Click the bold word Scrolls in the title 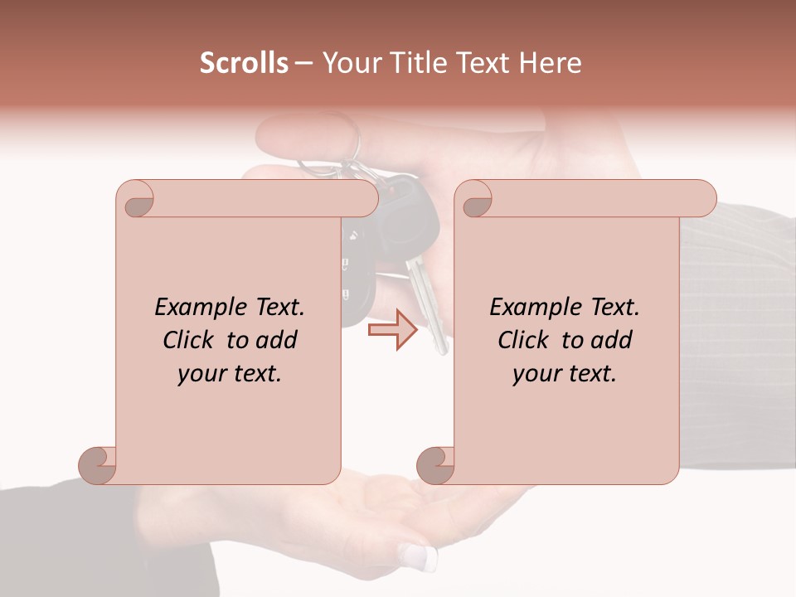[x=244, y=63]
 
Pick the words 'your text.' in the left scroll [x=229, y=373]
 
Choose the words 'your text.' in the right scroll [x=564, y=373]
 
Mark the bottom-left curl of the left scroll [x=98, y=464]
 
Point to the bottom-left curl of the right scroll [x=436, y=464]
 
